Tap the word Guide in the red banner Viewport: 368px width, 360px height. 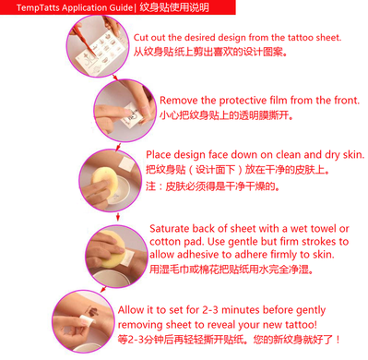122,7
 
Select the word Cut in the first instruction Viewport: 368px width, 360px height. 140,38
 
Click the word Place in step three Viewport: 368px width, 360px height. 156,154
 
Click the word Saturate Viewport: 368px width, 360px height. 170,229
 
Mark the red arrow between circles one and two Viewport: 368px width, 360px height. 115,77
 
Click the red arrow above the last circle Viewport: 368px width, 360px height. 103,289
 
